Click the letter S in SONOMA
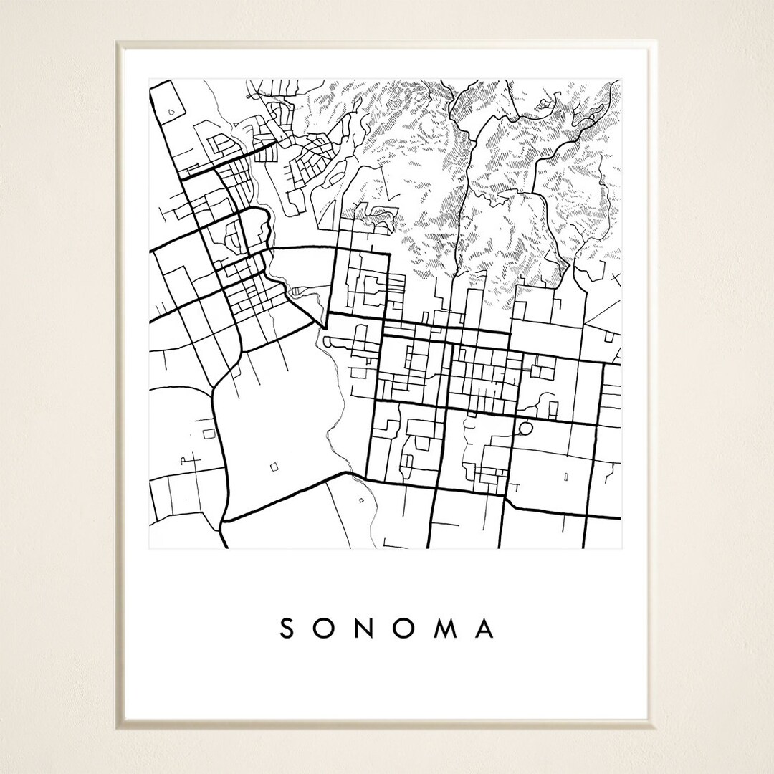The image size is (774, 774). coord(287,629)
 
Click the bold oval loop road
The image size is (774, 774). coord(525,429)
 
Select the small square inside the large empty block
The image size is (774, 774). coord(274,467)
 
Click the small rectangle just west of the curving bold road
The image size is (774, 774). coord(209,434)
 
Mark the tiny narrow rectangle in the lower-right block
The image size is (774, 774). coord(567,476)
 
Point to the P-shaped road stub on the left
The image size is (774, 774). coord(184,461)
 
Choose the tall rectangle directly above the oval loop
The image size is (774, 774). coord(553,409)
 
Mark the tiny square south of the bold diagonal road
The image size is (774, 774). coord(360,500)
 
